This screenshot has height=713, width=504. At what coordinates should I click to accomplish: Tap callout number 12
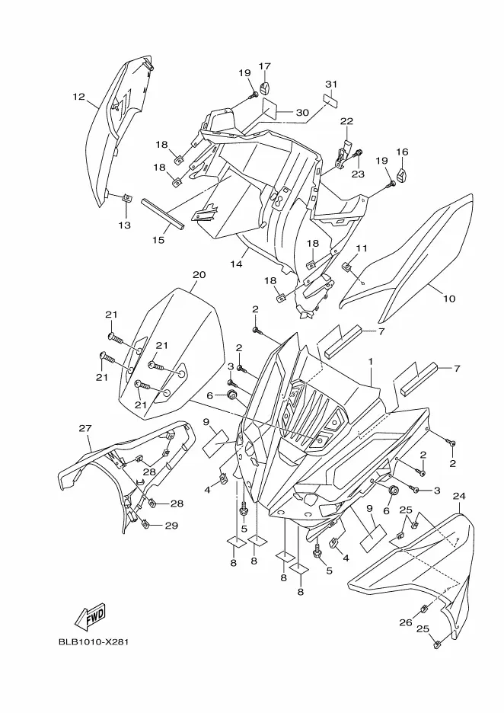coord(78,97)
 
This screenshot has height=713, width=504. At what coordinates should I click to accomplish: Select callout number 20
coord(199,274)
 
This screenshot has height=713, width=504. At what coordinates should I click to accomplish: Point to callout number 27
coord(85,428)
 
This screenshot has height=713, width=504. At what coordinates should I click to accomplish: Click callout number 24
coord(458,497)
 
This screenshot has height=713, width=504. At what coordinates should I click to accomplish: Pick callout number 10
coord(448,299)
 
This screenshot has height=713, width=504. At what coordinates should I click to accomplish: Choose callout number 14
coord(237,264)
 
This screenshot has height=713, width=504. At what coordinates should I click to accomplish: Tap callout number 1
coord(370,360)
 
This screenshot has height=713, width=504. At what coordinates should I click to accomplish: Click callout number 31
coord(330,84)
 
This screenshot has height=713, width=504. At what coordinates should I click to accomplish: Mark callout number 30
coord(301,113)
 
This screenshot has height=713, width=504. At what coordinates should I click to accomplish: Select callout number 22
coord(346,121)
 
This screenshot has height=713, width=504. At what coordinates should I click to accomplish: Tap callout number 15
coord(158,240)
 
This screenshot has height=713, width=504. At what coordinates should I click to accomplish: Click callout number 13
coord(124,225)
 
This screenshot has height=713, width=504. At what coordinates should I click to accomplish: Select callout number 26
coord(406,622)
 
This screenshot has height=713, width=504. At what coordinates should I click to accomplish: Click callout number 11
coord(362,248)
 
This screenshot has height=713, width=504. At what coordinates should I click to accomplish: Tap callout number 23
coord(358,173)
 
